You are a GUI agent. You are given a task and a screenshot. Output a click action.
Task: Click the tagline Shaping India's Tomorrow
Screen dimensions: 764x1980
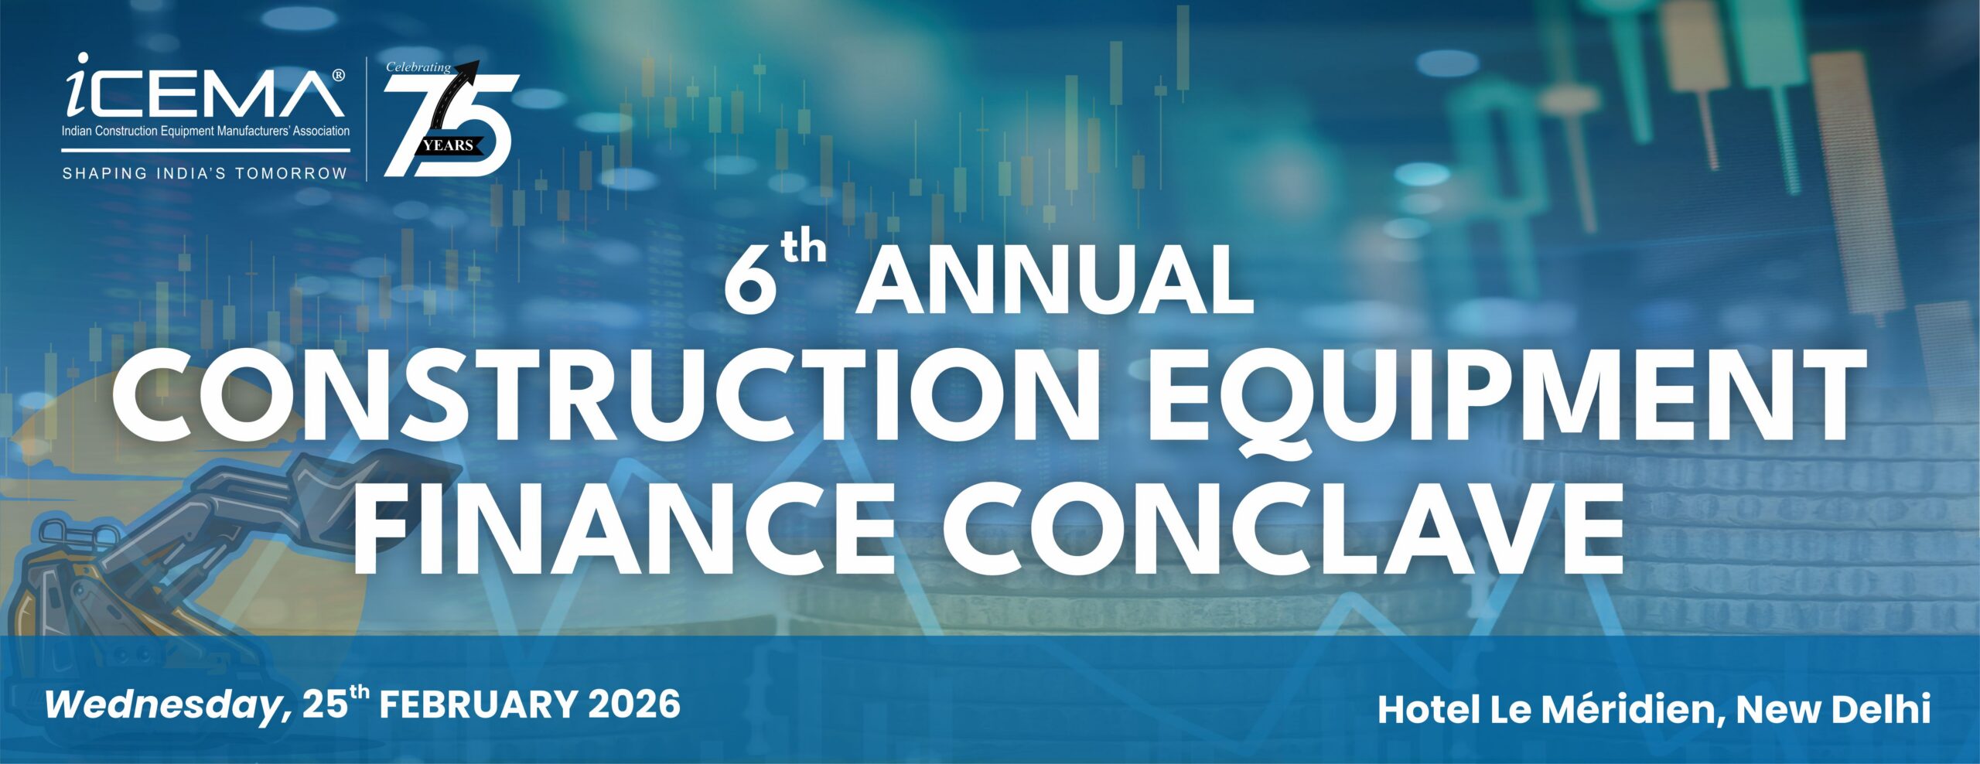205,173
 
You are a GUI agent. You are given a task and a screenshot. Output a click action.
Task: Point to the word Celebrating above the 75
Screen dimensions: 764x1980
418,67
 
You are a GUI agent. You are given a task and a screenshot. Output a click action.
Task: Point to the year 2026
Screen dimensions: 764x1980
634,705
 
